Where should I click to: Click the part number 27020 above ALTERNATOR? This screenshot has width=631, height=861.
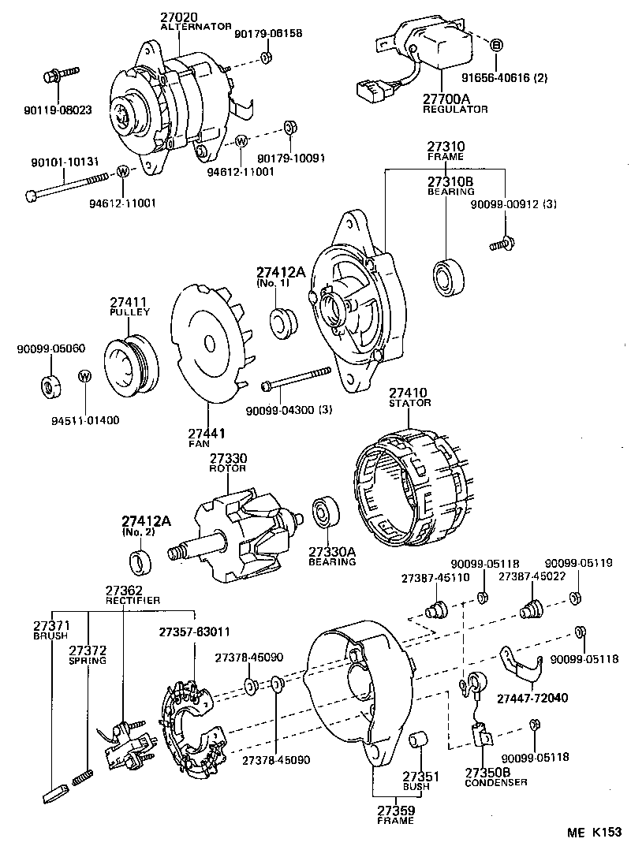coord(179,17)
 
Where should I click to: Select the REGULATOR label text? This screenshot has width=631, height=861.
coord(455,109)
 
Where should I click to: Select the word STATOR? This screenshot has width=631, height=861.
coord(409,403)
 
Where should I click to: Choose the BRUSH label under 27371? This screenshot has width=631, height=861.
coord(50,635)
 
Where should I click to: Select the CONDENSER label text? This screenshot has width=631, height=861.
coord(495,782)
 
